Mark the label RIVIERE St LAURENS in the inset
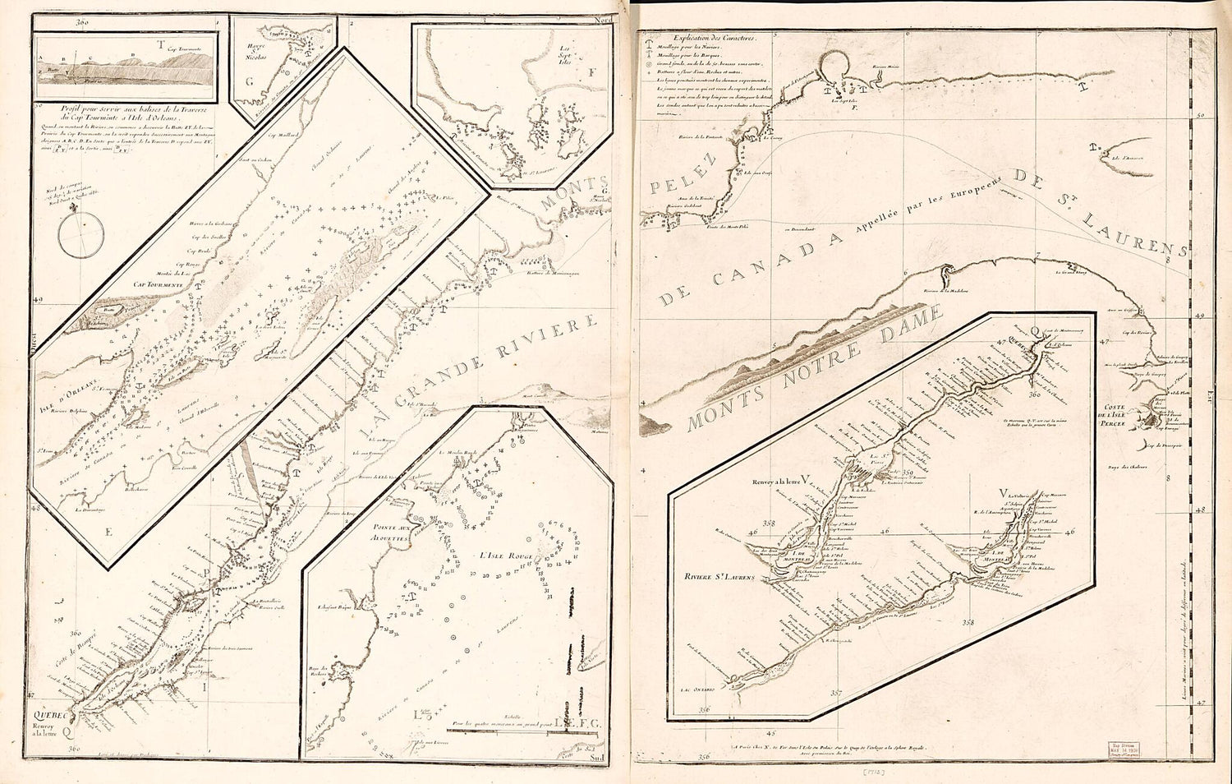click(x=720, y=577)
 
